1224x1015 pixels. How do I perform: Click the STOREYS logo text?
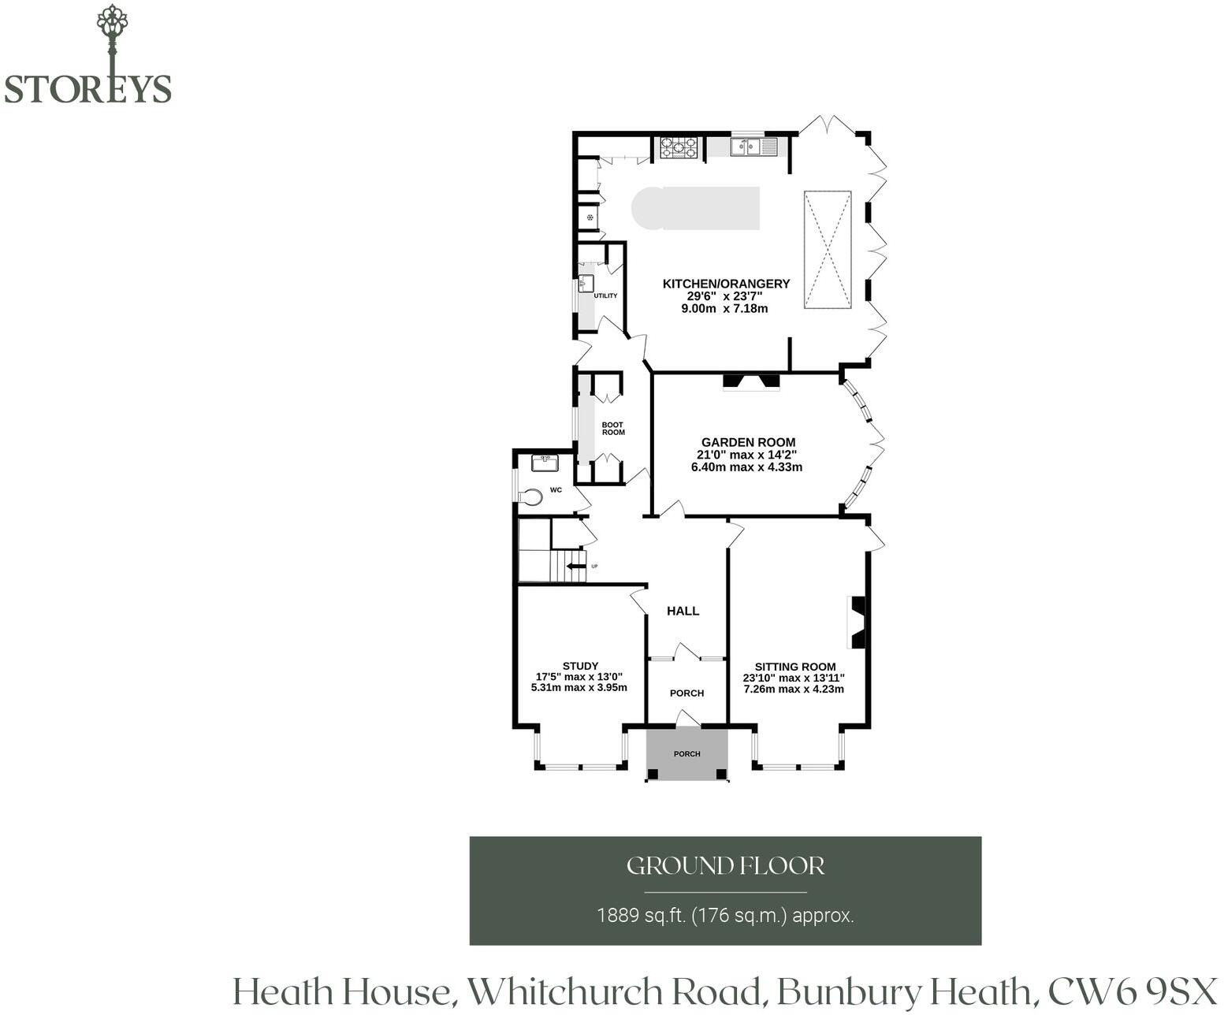pyautogui.click(x=88, y=89)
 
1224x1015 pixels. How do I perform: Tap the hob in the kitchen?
pyautogui.click(x=679, y=147)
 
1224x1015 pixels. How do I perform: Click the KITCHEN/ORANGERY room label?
pyautogui.click(x=727, y=284)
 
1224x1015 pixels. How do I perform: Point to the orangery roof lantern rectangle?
pyautogui.click(x=827, y=249)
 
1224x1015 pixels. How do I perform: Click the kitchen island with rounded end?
pyautogui.click(x=695, y=209)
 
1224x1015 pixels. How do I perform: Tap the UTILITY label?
pyautogui.click(x=605, y=296)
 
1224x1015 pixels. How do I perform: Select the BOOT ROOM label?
pyautogui.click(x=613, y=429)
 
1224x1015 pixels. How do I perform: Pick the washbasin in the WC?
pyautogui.click(x=545, y=463)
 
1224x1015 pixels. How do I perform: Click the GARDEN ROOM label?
pyautogui.click(x=749, y=442)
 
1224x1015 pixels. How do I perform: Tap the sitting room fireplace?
pyautogui.click(x=857, y=623)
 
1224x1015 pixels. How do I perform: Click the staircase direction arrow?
pyautogui.click(x=575, y=567)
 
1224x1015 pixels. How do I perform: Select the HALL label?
pyautogui.click(x=683, y=611)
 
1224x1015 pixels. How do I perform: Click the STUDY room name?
pyautogui.click(x=580, y=666)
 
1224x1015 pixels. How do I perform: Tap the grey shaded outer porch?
pyautogui.click(x=687, y=753)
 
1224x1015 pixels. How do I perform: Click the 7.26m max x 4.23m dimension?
pyautogui.click(x=794, y=690)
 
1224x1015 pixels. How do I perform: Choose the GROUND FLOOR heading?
pyautogui.click(x=726, y=865)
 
